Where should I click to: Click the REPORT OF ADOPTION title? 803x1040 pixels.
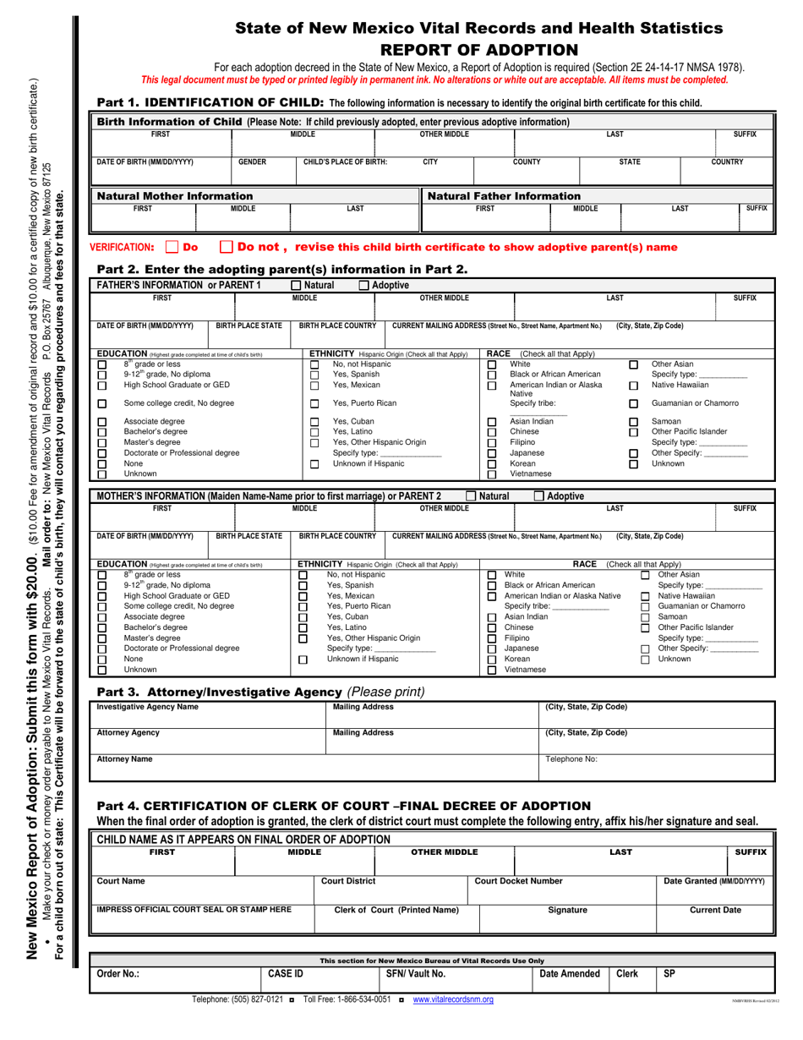coord(479,49)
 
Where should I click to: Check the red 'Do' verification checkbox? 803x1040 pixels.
coord(172,248)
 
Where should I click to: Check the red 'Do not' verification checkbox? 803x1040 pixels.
coord(226,248)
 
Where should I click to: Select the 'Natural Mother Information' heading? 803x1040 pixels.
coord(161,196)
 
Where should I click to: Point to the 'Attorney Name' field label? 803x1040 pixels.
coord(124,759)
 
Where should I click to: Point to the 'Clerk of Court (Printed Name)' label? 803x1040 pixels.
coord(397,910)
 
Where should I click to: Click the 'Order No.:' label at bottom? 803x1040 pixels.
coord(117,974)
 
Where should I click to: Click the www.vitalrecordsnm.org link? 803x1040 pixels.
coord(453,999)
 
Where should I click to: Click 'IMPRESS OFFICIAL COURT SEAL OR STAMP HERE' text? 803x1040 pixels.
coord(194,910)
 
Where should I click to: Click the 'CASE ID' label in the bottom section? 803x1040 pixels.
coord(286,974)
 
